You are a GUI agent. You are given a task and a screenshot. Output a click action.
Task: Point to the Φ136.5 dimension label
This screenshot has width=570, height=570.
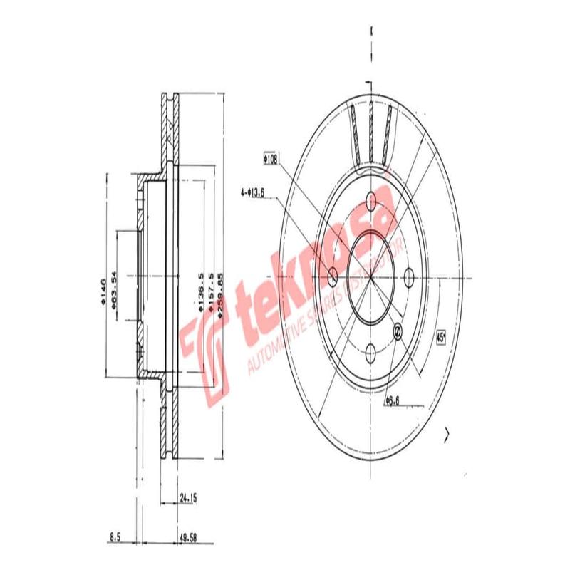[202, 293]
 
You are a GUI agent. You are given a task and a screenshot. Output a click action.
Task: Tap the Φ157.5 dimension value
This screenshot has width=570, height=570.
[212, 293]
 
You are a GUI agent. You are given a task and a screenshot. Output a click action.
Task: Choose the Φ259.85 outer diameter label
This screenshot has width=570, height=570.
[222, 293]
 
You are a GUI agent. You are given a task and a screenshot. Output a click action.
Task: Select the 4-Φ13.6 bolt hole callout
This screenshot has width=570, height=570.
[253, 191]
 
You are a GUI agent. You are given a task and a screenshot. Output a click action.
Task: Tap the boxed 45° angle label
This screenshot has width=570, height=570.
[440, 335]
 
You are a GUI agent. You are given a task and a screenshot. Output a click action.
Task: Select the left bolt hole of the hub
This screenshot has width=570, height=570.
[333, 276]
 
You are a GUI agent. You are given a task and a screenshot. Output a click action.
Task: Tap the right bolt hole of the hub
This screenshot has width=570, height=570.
[410, 276]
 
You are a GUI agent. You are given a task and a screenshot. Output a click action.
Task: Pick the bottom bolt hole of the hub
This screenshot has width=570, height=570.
[371, 351]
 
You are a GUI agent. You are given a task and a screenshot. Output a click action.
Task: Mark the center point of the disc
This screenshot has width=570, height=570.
[371, 276]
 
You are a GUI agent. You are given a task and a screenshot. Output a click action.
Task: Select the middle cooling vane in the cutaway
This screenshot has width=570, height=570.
[371, 132]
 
